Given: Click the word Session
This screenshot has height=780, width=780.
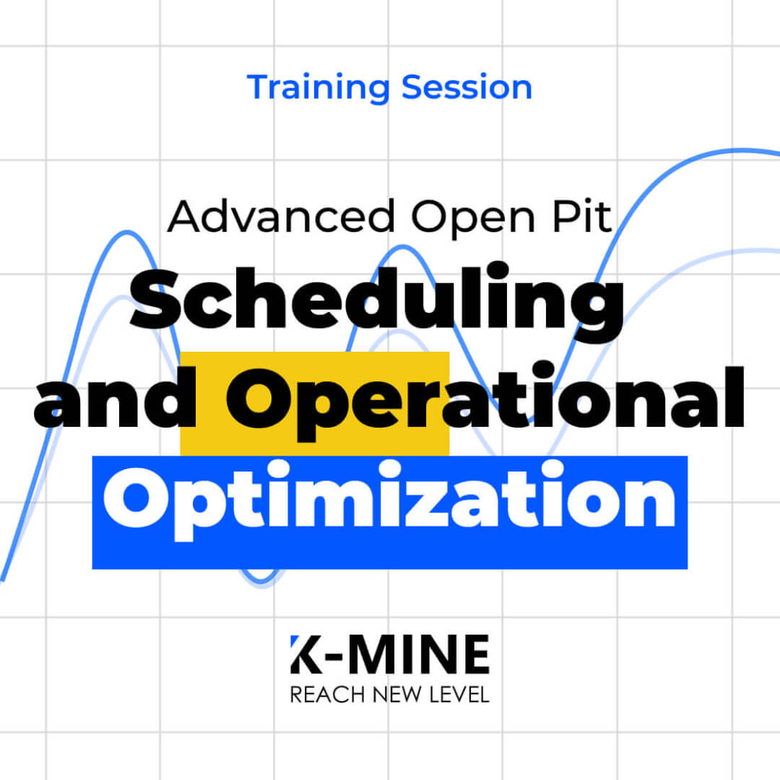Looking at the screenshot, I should pos(467,87).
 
